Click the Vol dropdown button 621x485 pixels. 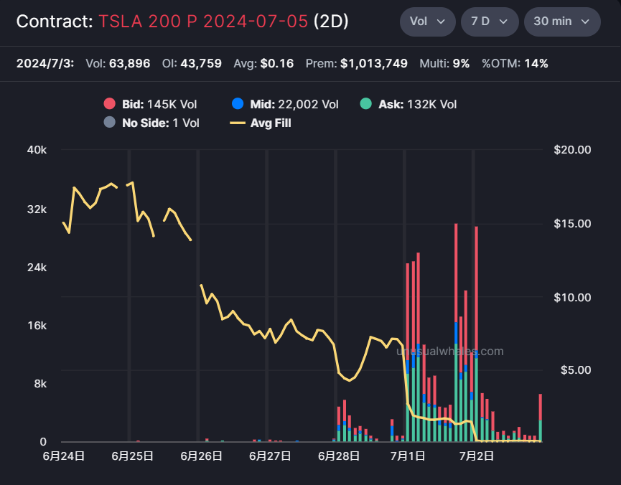click(x=427, y=22)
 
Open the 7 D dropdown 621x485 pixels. click(x=490, y=22)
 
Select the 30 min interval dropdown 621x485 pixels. click(x=562, y=22)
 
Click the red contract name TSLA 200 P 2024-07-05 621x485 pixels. click(x=203, y=22)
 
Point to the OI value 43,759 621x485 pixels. click(x=201, y=63)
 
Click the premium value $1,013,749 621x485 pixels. click(x=374, y=63)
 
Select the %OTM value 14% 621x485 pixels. click(x=536, y=63)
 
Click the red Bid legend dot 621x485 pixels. click(x=109, y=104)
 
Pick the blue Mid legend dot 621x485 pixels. click(x=238, y=104)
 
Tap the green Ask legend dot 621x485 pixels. click(x=366, y=104)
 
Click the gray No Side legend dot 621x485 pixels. click(x=109, y=123)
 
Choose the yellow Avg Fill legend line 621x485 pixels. click(x=238, y=123)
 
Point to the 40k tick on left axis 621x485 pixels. click(x=37, y=150)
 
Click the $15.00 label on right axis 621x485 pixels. click(x=572, y=224)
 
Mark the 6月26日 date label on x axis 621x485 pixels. click(x=201, y=456)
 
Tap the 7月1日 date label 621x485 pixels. click(x=408, y=456)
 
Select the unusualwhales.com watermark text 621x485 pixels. click(x=450, y=351)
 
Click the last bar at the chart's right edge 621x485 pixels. click(x=540, y=418)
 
